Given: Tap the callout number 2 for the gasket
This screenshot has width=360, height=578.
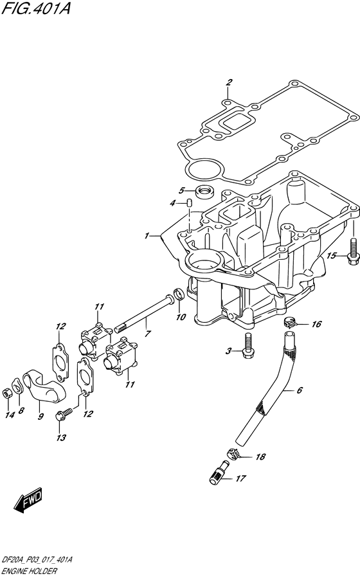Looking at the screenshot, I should click(x=228, y=82).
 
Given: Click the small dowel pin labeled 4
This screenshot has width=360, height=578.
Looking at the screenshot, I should click(x=190, y=204).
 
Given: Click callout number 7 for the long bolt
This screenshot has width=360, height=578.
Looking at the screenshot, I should click(x=148, y=334).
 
